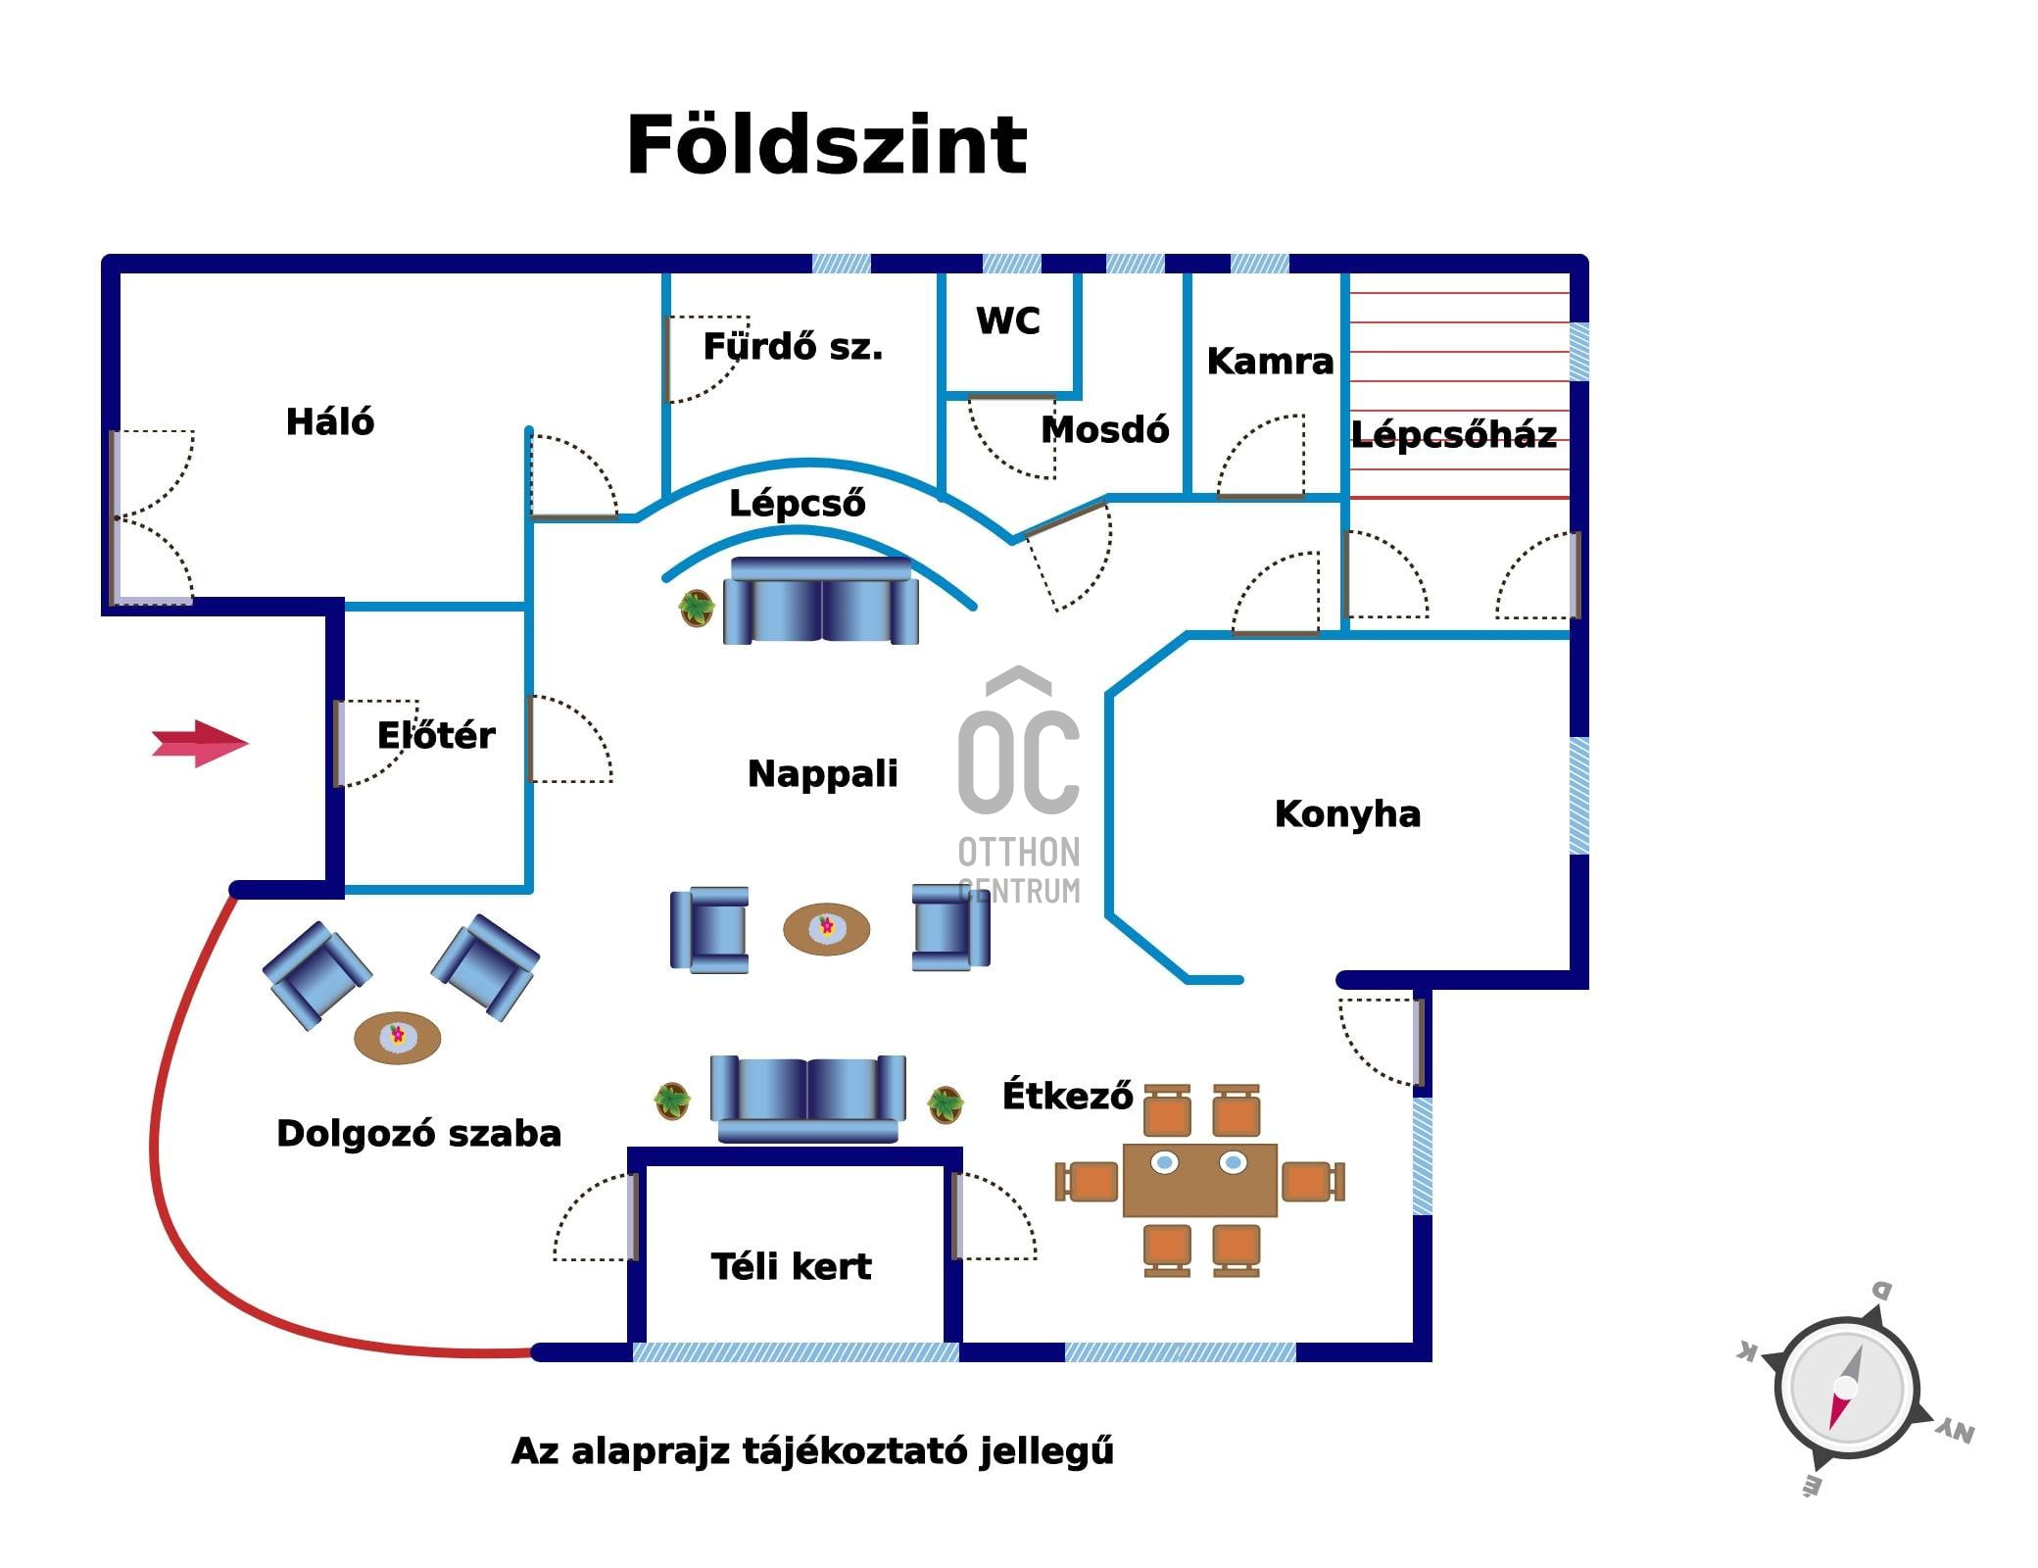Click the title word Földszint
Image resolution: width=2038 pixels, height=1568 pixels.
click(826, 145)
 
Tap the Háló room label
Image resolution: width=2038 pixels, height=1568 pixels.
click(330, 422)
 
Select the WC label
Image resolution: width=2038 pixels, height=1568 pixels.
click(1007, 321)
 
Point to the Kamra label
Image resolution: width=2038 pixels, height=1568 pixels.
click(1270, 362)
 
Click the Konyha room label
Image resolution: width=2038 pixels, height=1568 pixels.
click(1347, 814)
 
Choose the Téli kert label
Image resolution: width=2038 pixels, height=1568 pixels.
click(791, 1267)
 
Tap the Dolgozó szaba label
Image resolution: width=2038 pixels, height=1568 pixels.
click(418, 1134)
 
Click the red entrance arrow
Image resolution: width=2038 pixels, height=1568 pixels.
click(200, 744)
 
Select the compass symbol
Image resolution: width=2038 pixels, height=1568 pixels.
click(1846, 1388)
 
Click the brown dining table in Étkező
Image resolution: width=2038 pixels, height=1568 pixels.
click(1199, 1180)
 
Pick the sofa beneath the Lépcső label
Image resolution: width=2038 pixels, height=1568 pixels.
click(821, 601)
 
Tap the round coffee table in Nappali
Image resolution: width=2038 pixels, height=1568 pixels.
click(826, 928)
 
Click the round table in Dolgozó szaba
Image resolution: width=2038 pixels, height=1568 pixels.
click(397, 1037)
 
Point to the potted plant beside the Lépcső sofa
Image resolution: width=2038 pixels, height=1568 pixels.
click(696, 608)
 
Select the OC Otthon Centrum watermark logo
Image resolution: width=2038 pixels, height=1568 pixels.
click(1019, 784)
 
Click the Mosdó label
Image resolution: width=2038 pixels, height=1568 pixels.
click(1104, 430)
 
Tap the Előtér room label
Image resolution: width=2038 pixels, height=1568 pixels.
click(436, 735)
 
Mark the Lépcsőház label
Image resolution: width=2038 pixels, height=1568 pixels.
click(1454, 434)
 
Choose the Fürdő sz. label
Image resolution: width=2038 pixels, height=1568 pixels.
click(793, 347)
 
